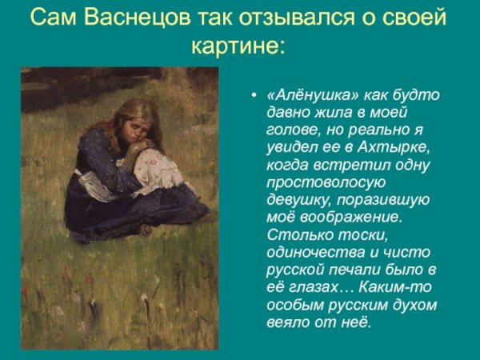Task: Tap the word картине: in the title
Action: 238,44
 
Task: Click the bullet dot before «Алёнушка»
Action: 254,95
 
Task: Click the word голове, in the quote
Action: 290,130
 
